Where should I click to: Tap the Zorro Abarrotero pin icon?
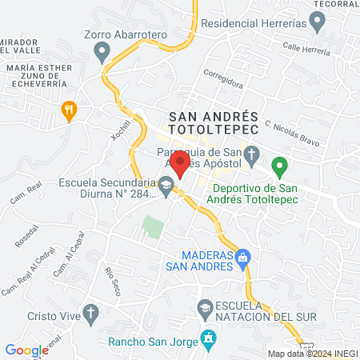102,53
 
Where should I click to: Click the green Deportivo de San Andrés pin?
279,167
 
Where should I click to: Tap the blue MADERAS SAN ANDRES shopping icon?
244,258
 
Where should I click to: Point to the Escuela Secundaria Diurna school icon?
166,189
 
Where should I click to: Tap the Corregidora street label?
223,78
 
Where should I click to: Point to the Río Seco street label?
112,280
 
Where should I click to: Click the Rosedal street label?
26,234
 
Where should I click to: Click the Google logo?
27,350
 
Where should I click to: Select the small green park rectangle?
152,228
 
